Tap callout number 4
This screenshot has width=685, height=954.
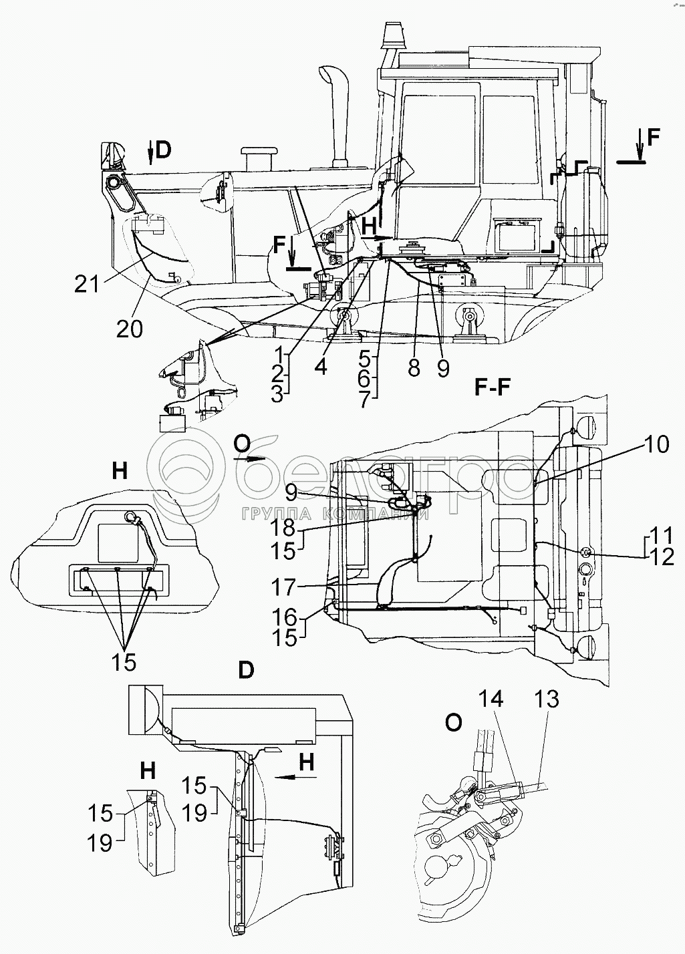[321, 366]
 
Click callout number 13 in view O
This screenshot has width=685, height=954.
[546, 699]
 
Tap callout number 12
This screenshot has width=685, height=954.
[662, 556]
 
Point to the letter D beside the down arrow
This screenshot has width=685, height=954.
[163, 150]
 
